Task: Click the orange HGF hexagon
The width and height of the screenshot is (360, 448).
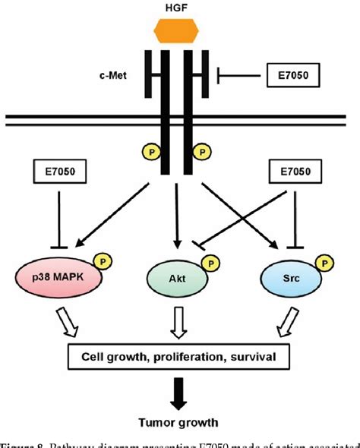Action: coord(180,31)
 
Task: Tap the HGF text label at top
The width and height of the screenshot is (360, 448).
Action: coord(180,7)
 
